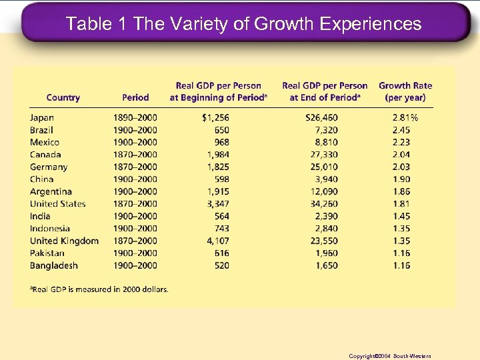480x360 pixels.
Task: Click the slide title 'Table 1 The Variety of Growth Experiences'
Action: tap(243, 24)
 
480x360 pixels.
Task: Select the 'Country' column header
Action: tap(63, 97)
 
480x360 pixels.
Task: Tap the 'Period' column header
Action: tap(135, 97)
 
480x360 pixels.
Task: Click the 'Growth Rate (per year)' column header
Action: tap(405, 91)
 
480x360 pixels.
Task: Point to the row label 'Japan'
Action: tap(42, 117)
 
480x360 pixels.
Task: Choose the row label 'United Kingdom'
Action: tap(64, 241)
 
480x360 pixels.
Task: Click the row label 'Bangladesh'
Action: tap(53, 265)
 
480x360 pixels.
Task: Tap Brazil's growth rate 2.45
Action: tap(401, 130)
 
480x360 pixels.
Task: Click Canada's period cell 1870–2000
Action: tap(135, 155)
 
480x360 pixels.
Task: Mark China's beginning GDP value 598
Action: tap(221, 179)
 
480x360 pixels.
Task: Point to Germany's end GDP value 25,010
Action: tap(324, 167)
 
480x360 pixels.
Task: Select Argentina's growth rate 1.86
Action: tap(401, 191)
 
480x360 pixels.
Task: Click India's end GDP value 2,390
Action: tap(327, 216)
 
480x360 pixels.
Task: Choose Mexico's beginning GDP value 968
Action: tap(221, 142)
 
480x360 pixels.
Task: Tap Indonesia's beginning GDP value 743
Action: tap(221, 229)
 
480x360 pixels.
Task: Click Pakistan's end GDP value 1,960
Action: tap(327, 253)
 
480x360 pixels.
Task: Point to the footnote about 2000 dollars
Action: tap(99, 289)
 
